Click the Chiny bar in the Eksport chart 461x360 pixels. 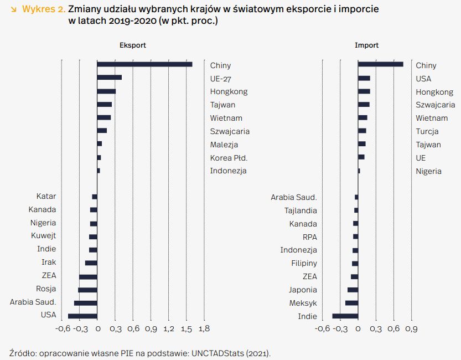point(144,64)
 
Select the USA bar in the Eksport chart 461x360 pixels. point(82,316)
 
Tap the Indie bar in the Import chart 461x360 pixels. point(345,316)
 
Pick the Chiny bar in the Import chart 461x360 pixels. point(381,64)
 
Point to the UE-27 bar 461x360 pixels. point(109,78)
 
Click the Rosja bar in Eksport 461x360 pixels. point(87,290)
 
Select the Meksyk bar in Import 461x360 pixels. point(351,303)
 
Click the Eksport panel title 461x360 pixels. point(133,45)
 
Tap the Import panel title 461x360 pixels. point(366,45)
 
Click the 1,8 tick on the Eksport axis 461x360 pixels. point(204,329)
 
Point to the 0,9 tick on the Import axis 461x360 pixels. point(411,329)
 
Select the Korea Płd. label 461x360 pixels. point(229,158)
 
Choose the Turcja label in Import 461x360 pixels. point(427,131)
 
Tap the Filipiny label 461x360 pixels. point(304,263)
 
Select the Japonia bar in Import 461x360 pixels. point(353,290)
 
